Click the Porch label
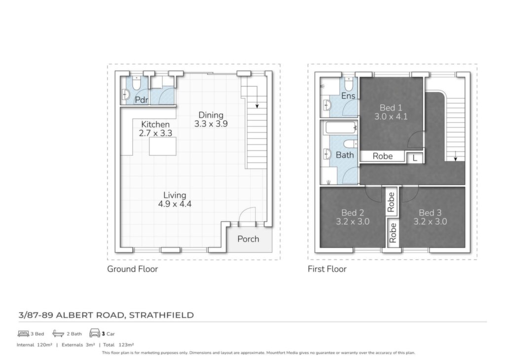coord(248,239)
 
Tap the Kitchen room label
coord(155,124)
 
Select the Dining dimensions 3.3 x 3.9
coord(211,124)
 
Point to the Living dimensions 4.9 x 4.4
coord(175,204)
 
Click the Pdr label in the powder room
coord(142,100)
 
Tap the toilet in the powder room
coord(136,83)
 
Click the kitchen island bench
coord(163,146)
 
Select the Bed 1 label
coord(391,108)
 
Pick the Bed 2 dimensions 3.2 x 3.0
coord(353,221)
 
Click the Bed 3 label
coord(430,213)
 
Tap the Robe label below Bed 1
coord(383,156)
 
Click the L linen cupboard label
coord(415,158)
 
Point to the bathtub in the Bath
coord(341,128)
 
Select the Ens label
coord(348,96)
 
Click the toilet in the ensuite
coord(349,84)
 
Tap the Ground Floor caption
coord(132,269)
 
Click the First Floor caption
coord(327,269)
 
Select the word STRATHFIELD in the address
coord(161,315)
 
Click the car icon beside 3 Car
coord(95,333)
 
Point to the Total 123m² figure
coord(118,345)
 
